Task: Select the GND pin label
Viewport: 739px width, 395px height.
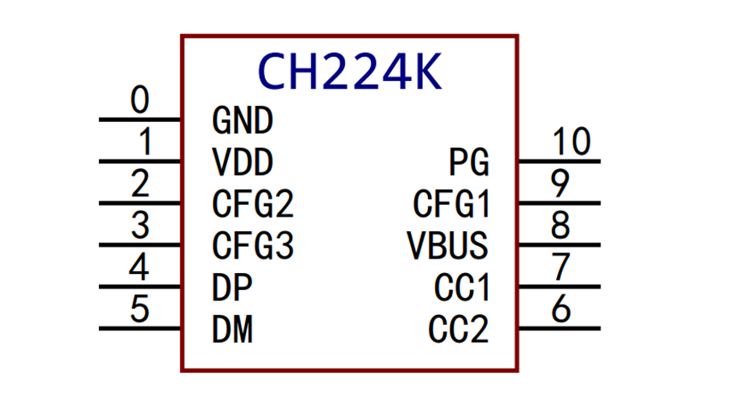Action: coord(242,120)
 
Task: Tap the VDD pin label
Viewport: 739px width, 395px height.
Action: coord(243,162)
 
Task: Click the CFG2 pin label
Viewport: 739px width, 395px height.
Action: coord(253,204)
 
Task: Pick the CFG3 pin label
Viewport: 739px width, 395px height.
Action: coord(253,246)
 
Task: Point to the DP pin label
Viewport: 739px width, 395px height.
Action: coord(232,288)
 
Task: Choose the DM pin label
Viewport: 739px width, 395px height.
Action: coord(232,329)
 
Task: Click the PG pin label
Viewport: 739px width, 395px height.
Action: coord(469,162)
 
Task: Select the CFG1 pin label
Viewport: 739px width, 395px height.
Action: coord(451,204)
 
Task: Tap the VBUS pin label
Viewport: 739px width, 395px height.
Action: coord(448,246)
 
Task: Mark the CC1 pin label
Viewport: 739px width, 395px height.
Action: coord(461,288)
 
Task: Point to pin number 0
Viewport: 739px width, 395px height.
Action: coord(139,102)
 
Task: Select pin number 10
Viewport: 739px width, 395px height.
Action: coord(572,142)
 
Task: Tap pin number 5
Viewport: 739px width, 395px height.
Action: coord(139,309)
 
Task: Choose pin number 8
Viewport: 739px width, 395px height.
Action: coord(560,225)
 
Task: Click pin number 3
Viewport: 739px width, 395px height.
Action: coord(139,226)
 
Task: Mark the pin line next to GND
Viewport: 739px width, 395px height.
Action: coord(140,119)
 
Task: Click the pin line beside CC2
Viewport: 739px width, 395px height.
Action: coord(559,328)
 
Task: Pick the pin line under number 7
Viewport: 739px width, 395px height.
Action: coord(559,287)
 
